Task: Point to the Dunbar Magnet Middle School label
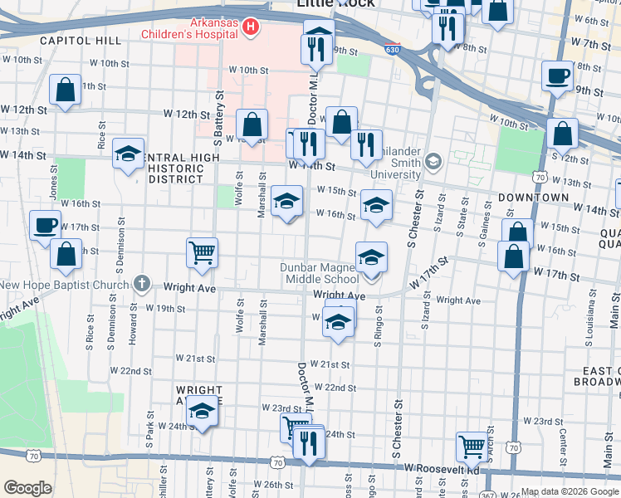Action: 330,273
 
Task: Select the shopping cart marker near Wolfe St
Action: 202,251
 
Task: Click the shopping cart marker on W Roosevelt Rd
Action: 472,446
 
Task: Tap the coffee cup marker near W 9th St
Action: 556,76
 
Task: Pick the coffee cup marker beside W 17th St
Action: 45,224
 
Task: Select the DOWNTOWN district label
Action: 533,198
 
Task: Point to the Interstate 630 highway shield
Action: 392,51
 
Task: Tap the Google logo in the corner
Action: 27,488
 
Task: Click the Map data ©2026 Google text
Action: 570,491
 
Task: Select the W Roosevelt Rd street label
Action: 442,468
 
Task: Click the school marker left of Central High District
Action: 128,154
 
